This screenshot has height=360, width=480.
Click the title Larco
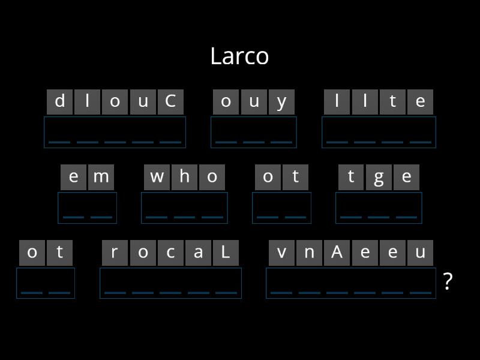point(239,56)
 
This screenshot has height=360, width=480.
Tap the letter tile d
point(60,101)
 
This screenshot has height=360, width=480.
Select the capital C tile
point(170,101)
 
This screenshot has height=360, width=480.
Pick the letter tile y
point(281,101)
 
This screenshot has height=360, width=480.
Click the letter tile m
point(101,177)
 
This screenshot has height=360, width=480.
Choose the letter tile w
point(157,177)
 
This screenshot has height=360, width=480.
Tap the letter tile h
point(184,177)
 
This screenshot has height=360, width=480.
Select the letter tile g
point(379,177)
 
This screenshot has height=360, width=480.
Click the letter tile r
point(115,253)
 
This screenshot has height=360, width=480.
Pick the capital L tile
point(226,253)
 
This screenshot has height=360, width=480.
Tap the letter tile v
point(281,253)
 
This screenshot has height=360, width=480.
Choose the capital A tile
point(337,253)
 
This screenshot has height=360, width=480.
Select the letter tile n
point(309,253)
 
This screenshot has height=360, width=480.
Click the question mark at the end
point(447,281)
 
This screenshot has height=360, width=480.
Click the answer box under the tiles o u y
point(254,132)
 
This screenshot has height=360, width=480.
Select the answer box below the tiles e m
point(87,208)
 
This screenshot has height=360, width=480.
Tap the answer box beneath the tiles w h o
point(184,208)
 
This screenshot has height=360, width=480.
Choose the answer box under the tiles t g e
point(379,208)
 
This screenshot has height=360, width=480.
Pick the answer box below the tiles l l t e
point(379,132)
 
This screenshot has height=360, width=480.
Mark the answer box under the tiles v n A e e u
point(351,283)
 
